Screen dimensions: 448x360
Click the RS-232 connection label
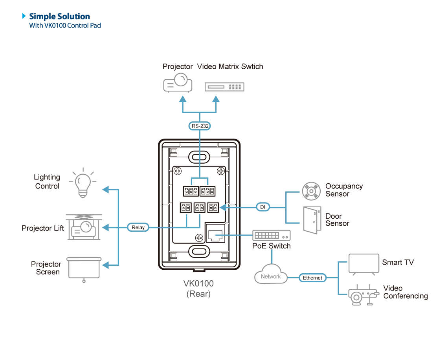click(200, 126)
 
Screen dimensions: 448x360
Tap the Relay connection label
click(138, 227)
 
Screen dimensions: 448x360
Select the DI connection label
click(263, 207)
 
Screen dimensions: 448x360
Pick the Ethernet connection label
click(312, 278)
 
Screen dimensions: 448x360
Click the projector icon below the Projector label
click(178, 83)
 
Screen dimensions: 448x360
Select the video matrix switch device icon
click(224, 87)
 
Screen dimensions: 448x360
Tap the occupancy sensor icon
click(311, 191)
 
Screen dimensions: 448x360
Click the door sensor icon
click(312, 220)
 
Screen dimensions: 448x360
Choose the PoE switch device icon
click(272, 236)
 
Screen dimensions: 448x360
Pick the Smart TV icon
click(364, 264)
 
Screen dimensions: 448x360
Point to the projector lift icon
click(84, 227)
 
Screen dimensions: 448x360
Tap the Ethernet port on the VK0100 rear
click(215, 233)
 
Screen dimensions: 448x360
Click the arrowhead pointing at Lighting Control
click(106, 190)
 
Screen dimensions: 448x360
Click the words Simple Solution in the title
click(59, 16)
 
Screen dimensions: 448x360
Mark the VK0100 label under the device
click(198, 283)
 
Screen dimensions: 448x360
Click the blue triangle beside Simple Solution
click(24, 16)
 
